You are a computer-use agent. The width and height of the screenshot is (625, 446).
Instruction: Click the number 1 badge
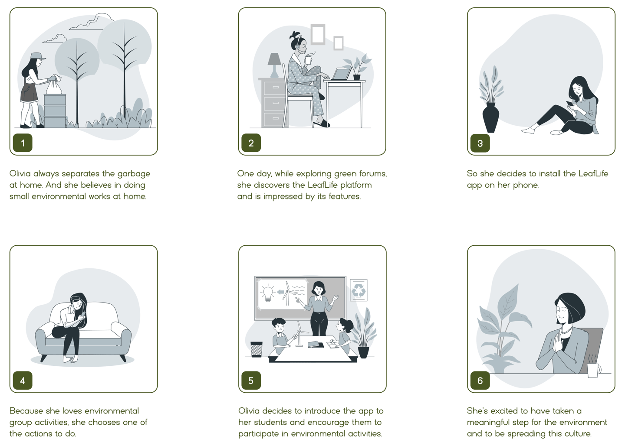click(x=23, y=143)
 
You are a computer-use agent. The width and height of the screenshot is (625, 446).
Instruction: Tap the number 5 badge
click(x=251, y=380)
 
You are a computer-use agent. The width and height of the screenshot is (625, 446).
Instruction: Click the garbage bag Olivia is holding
click(x=54, y=85)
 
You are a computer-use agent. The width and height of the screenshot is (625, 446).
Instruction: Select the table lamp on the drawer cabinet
click(x=274, y=65)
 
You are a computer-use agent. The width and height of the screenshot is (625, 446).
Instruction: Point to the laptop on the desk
click(x=341, y=74)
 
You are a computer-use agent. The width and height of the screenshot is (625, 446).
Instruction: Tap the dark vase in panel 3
click(x=490, y=117)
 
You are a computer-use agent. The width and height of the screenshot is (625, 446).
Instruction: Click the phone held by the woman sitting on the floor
click(x=569, y=103)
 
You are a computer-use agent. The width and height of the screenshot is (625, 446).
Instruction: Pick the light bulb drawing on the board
click(x=267, y=293)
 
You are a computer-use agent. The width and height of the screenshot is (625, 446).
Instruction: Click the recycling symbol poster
click(x=359, y=290)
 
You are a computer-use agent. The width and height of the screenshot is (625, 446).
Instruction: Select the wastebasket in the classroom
click(x=257, y=349)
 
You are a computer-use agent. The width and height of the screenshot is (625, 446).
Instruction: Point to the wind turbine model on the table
click(x=300, y=334)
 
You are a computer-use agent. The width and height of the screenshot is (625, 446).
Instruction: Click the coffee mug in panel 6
click(x=594, y=370)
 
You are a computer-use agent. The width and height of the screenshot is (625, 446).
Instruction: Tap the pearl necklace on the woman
click(x=566, y=331)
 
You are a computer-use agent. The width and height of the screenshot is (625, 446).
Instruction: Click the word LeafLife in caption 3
click(x=593, y=173)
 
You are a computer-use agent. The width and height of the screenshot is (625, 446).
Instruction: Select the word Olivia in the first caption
click(x=20, y=173)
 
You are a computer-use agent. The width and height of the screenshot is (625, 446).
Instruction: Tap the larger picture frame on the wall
click(x=318, y=34)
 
